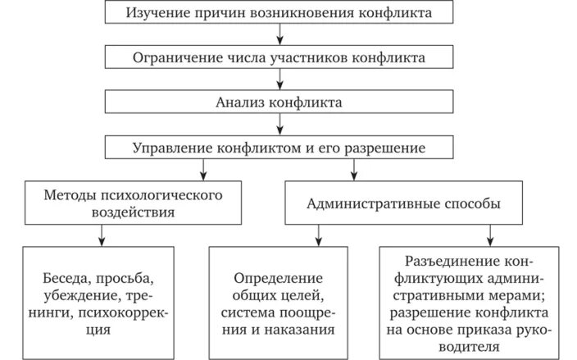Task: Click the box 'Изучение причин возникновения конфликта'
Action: [x=280, y=13]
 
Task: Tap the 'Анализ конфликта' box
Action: [x=280, y=103]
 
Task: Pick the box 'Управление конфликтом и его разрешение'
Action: [x=280, y=148]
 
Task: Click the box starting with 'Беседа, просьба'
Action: [x=100, y=301]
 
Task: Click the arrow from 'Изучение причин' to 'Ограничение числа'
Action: [x=280, y=34]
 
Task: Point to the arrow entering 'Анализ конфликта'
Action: [x=280, y=80]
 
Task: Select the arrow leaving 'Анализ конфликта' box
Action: [x=280, y=125]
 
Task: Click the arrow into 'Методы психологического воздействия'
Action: [x=201, y=171]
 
